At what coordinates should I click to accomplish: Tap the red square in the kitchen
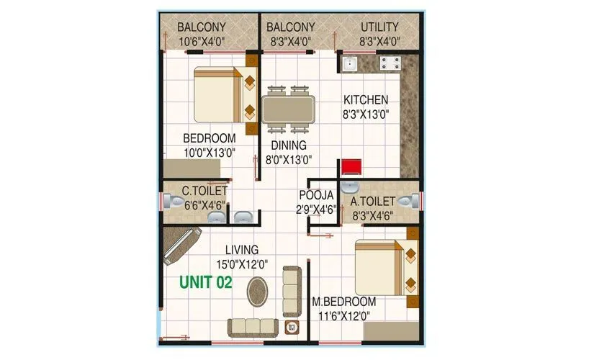click(x=351, y=167)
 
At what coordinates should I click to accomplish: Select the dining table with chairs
click(x=289, y=109)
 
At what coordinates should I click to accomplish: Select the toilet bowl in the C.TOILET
click(x=171, y=204)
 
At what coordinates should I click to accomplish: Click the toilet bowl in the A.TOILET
click(x=407, y=202)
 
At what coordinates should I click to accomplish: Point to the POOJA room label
click(x=317, y=195)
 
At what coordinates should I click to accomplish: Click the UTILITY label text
click(x=379, y=27)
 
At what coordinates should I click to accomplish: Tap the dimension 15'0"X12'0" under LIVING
click(x=242, y=264)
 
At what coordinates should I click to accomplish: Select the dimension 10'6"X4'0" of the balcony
click(x=203, y=41)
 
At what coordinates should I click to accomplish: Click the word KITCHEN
click(x=365, y=100)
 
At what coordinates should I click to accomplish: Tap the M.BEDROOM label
click(x=343, y=301)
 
